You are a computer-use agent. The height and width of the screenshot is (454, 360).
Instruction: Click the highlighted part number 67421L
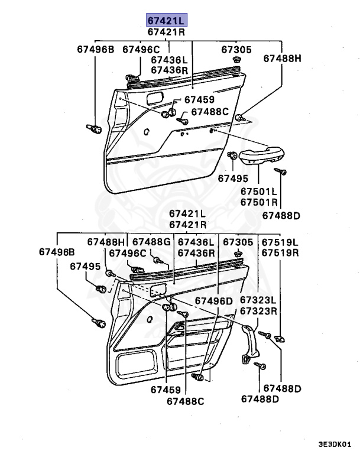166,20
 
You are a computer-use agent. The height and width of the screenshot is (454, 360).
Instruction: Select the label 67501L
258,191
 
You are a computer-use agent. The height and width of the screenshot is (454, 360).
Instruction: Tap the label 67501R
258,202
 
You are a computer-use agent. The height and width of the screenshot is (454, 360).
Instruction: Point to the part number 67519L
280,242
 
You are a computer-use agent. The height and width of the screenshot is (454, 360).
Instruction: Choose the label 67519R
280,252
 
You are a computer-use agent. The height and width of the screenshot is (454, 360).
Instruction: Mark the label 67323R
258,311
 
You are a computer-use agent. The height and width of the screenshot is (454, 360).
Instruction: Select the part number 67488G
151,242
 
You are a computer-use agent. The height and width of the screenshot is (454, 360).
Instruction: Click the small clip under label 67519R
280,339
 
